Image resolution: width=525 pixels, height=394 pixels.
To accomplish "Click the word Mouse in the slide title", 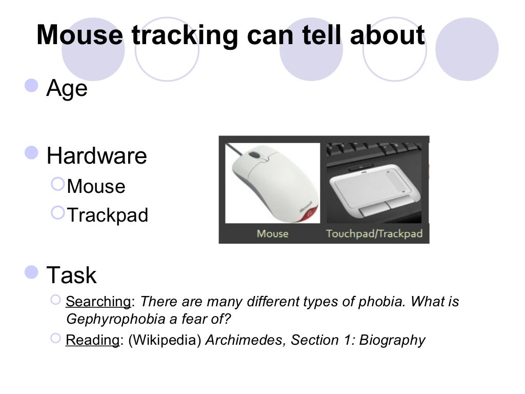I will (80, 35).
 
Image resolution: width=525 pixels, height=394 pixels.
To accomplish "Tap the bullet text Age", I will (67, 89).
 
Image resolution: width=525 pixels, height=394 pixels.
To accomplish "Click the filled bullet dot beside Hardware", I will (32, 152).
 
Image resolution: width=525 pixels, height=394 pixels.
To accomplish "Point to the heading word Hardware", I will (96, 156).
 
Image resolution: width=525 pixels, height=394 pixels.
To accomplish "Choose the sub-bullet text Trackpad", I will (108, 215).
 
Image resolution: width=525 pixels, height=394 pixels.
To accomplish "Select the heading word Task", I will (71, 275).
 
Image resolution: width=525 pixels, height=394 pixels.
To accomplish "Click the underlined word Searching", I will (98, 301).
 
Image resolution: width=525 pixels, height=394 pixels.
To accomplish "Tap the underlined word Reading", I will (92, 340).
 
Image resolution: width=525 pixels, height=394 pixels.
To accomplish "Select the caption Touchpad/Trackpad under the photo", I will (374, 234).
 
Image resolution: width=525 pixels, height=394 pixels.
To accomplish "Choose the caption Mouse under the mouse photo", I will (272, 234).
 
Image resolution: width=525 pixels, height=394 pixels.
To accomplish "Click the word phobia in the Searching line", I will (377, 301).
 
